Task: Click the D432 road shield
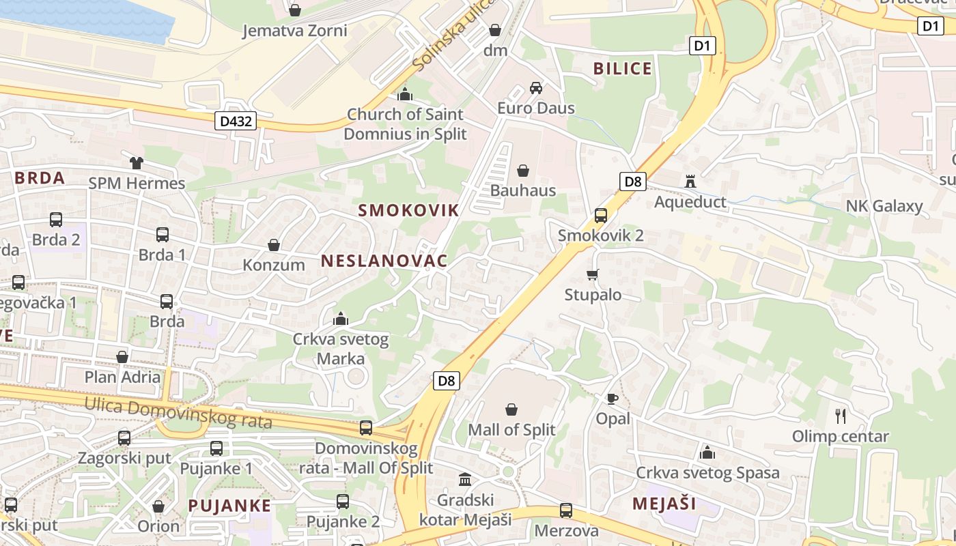pyautogui.click(x=237, y=121)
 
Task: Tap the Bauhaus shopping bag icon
pyautogui.click(x=523, y=171)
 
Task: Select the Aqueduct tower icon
pyautogui.click(x=690, y=182)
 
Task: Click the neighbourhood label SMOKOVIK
pyautogui.click(x=409, y=210)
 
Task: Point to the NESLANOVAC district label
pyautogui.click(x=384, y=261)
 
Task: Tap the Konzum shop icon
pyautogui.click(x=274, y=245)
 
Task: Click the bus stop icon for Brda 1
pyautogui.click(x=163, y=235)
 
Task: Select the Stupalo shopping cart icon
pyautogui.click(x=593, y=275)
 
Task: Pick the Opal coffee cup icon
pyautogui.click(x=613, y=399)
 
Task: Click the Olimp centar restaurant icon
pyautogui.click(x=841, y=416)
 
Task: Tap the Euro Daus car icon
pyautogui.click(x=536, y=88)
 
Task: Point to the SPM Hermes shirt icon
pyautogui.click(x=137, y=163)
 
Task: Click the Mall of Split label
pyautogui.click(x=511, y=430)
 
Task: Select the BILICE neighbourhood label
pyautogui.click(x=623, y=68)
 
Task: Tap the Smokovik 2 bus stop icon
pyautogui.click(x=601, y=216)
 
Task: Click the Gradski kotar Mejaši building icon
pyautogui.click(x=465, y=479)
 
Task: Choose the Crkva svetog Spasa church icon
pyautogui.click(x=707, y=452)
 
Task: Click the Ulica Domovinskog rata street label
pyautogui.click(x=178, y=413)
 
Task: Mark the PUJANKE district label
pyautogui.click(x=229, y=506)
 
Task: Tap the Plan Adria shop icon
pyautogui.click(x=122, y=357)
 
